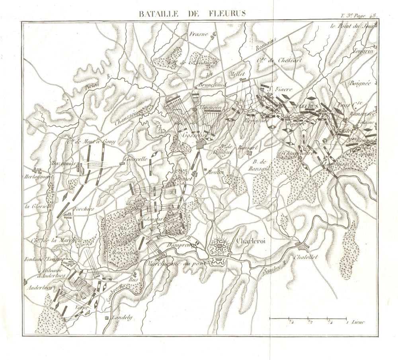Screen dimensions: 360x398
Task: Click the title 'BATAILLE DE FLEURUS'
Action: (192, 13)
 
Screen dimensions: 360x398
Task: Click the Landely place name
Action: (122, 318)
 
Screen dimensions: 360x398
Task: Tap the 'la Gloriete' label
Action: (37, 206)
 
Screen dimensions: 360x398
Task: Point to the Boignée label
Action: (358, 84)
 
